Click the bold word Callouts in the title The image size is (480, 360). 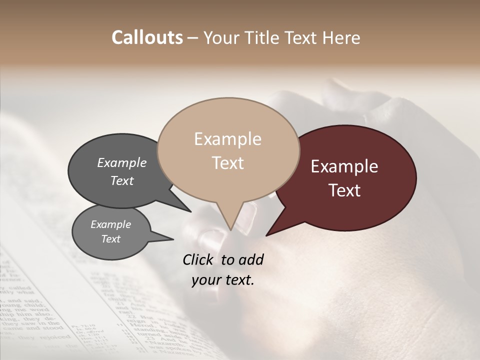(147, 37)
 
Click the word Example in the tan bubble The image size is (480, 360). (227, 139)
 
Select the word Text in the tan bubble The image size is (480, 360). (227, 163)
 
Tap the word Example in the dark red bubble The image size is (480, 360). (344, 166)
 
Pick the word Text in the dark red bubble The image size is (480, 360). (344, 190)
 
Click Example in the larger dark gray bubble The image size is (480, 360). (122, 162)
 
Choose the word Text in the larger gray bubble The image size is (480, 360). (122, 180)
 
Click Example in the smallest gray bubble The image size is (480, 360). (111, 224)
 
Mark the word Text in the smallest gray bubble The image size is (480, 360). (111, 239)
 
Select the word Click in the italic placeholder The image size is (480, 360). (199, 259)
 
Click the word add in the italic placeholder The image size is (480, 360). (251, 259)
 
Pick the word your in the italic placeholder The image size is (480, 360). (206, 280)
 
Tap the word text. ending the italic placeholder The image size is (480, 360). (239, 280)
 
